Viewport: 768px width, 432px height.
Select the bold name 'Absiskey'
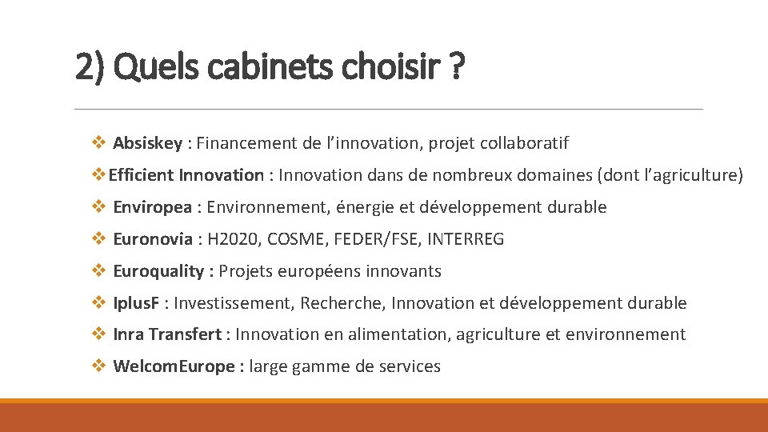[147, 143]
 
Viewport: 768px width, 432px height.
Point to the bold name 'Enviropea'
[152, 207]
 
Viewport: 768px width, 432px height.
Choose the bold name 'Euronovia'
[153, 239]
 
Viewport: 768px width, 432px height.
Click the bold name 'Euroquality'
[158, 271]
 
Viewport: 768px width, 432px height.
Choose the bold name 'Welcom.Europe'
[174, 366]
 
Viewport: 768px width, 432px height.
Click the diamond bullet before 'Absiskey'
[98, 143]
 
